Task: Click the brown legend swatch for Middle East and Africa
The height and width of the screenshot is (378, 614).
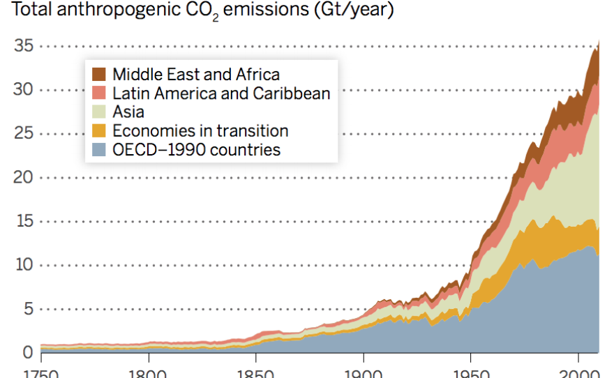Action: pyautogui.click(x=100, y=75)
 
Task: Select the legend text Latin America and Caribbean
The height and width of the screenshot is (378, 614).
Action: pyautogui.click(x=221, y=93)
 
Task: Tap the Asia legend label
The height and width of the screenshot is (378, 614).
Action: pyautogui.click(x=128, y=112)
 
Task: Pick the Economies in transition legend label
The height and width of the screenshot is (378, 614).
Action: pyautogui.click(x=200, y=130)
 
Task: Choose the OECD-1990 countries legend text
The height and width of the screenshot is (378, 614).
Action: pyautogui.click(x=196, y=149)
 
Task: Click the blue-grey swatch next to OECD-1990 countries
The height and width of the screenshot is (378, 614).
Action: pyautogui.click(x=100, y=149)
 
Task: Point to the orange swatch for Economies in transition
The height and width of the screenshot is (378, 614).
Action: pyautogui.click(x=100, y=130)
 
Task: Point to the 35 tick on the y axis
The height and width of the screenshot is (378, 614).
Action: pyautogui.click(x=24, y=47)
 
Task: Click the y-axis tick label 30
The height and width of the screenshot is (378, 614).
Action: pyautogui.click(x=24, y=90)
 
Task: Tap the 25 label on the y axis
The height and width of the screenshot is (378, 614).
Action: pyautogui.click(x=24, y=134)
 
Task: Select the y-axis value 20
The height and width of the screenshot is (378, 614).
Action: pyautogui.click(x=24, y=177)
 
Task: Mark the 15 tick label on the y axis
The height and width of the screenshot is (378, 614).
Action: pyautogui.click(x=24, y=221)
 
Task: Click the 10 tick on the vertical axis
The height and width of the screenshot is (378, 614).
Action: pyautogui.click(x=24, y=265)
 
